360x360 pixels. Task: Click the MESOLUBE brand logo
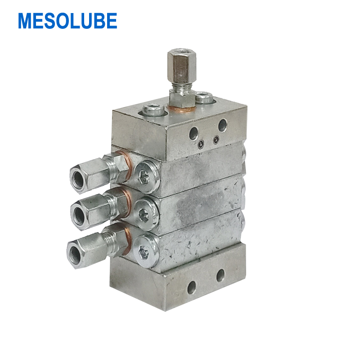pyautogui.click(x=67, y=21)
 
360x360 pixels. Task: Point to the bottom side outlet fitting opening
pyautogui.click(x=75, y=253)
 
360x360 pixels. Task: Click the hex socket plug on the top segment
pyautogui.click(x=147, y=176)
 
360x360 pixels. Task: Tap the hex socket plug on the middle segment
pyautogui.click(x=145, y=214)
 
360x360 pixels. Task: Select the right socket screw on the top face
pyautogui.click(x=204, y=97)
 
